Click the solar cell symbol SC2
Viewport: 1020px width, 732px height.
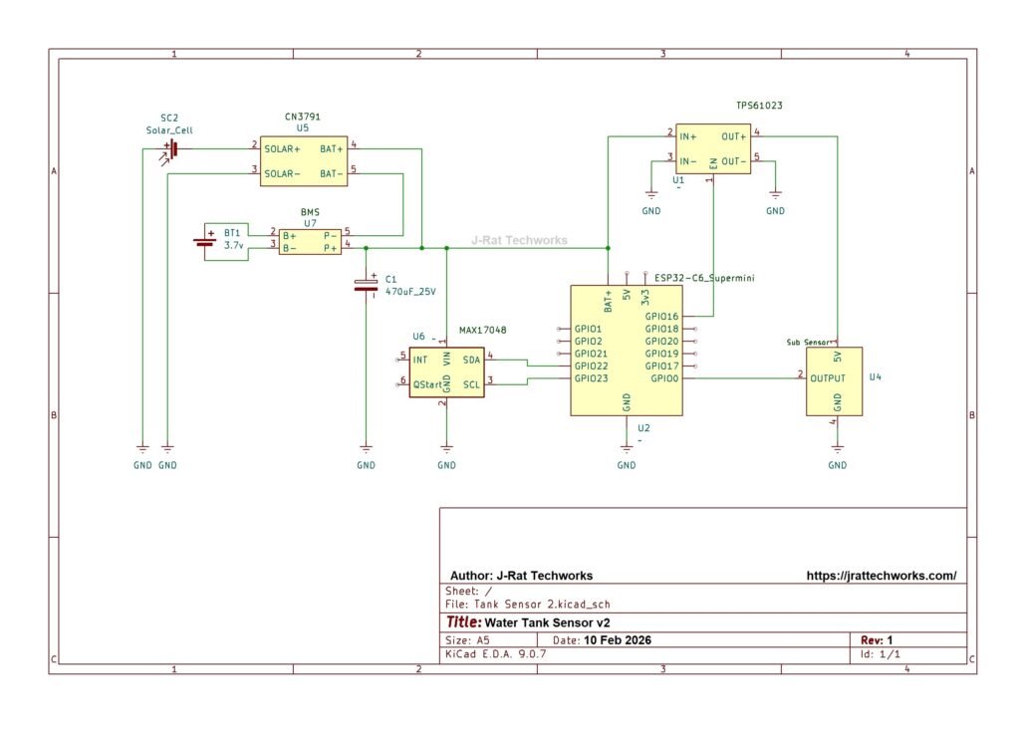173,148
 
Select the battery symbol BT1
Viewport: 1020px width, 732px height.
206,240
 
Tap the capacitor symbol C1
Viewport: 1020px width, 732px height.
366,286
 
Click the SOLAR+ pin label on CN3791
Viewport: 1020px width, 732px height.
282,149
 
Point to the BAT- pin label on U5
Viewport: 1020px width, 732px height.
331,173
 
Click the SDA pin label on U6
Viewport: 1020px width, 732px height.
471,359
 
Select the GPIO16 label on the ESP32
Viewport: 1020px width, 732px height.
661,317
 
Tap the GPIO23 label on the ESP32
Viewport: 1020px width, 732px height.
590,378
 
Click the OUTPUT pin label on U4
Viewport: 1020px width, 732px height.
828,378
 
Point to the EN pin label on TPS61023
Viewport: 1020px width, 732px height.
713,163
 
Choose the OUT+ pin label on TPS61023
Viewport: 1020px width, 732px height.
734,135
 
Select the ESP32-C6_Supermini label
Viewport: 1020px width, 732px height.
704,279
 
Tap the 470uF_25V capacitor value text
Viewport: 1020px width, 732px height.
410,292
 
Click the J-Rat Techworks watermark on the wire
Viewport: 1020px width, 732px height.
519,240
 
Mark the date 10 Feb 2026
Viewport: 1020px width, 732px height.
618,640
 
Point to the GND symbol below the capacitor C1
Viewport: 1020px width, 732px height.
366,457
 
